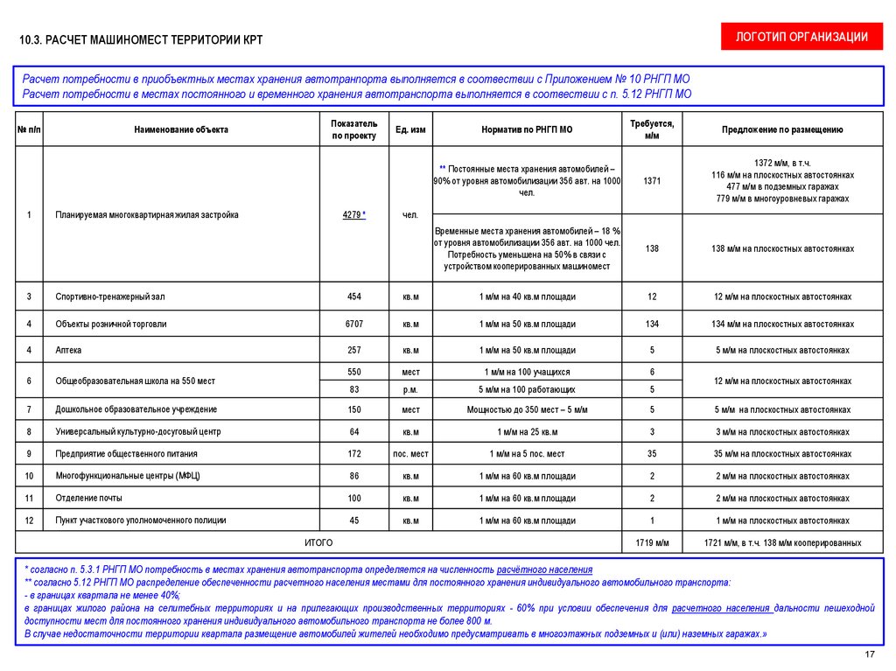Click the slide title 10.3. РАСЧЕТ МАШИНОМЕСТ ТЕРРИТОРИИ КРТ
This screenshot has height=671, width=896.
(x=140, y=40)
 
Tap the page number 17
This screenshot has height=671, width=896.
(x=870, y=654)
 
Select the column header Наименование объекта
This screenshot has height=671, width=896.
(x=181, y=129)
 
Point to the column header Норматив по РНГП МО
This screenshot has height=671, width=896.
(x=527, y=129)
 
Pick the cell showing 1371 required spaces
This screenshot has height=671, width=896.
(x=652, y=181)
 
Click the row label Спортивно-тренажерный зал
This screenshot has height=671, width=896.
(x=109, y=297)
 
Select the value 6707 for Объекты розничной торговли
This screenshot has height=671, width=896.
(x=354, y=324)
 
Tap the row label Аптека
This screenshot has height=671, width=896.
(x=68, y=350)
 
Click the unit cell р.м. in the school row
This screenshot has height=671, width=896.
(x=410, y=389)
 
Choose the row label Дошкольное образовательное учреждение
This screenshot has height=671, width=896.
(x=136, y=409)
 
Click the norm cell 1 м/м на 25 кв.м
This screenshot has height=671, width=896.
(x=527, y=432)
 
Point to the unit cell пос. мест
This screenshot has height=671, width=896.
(x=410, y=454)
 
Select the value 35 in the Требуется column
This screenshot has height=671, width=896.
(x=652, y=454)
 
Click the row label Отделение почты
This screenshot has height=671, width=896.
(x=88, y=498)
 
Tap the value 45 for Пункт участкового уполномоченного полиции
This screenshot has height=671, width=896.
(x=354, y=521)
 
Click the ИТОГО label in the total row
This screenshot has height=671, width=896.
(x=318, y=543)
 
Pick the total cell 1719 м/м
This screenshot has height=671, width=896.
(x=652, y=543)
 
